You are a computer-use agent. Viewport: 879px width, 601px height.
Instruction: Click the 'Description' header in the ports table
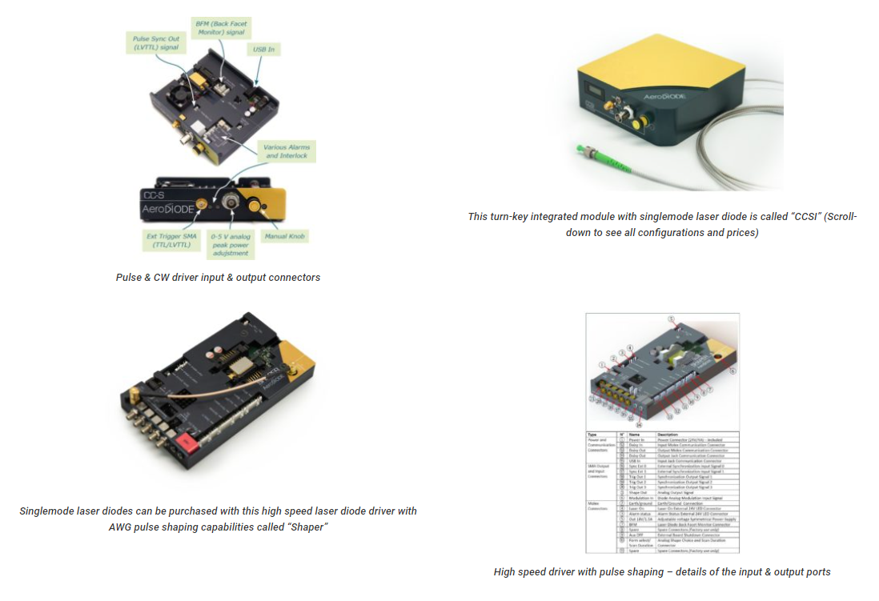(668, 434)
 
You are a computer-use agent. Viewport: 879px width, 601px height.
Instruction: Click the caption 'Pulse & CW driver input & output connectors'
(218, 277)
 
